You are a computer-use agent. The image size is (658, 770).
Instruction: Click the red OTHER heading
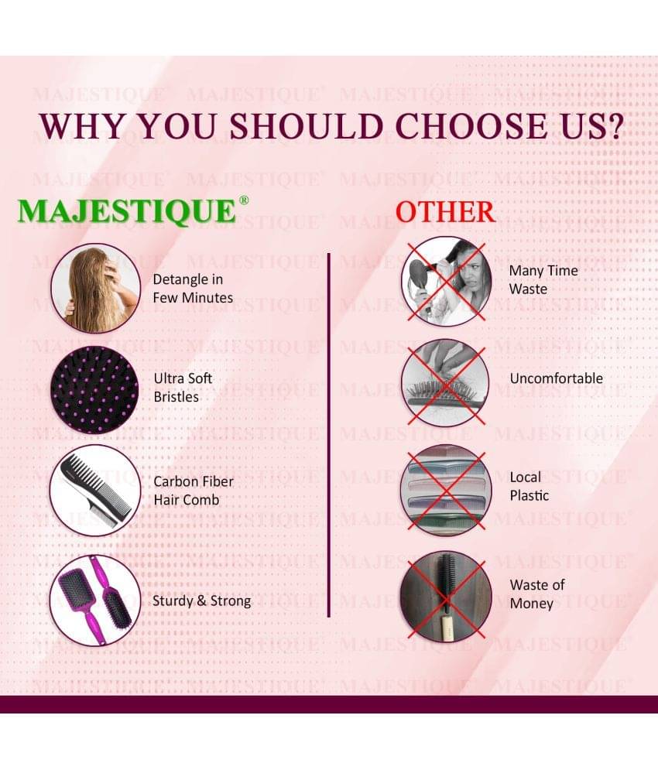coord(445,212)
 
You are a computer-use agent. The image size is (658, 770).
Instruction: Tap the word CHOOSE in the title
coord(471,126)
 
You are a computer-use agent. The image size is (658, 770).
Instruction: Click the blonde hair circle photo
coord(96,288)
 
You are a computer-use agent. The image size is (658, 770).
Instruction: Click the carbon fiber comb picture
coord(95,490)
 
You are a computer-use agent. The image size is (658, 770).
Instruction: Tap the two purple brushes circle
coord(95,600)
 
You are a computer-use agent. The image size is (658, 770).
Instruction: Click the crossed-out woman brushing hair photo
coord(446,282)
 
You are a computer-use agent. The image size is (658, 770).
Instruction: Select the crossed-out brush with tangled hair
coord(446,383)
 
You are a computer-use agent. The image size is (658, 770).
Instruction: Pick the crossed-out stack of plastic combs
coord(446,490)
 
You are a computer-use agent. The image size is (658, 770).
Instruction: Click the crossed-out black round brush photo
coord(446,596)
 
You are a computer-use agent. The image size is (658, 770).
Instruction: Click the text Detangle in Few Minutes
coord(193,288)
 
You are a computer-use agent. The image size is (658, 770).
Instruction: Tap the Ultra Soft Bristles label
coord(183,388)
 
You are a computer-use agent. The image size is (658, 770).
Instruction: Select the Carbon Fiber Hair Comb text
coord(193,491)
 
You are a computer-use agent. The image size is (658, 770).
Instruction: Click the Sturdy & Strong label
coord(201,601)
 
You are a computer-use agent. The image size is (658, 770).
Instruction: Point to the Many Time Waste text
coord(543,279)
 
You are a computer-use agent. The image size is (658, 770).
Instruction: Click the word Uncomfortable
coord(557,378)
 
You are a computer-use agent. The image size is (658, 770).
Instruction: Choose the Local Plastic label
coord(529,486)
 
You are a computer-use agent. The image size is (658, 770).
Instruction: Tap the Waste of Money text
coord(537,594)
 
